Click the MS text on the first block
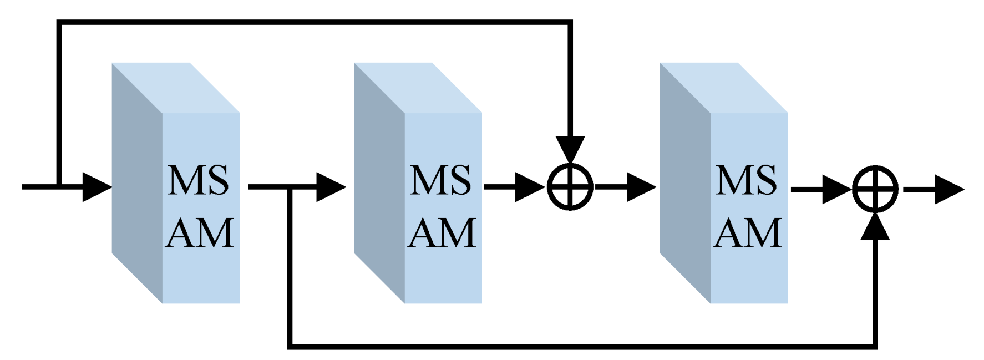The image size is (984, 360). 198,180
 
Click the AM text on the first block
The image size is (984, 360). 200,233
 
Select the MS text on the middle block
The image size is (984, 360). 440,180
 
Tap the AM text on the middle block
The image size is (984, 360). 442,233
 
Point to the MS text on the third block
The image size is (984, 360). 746,180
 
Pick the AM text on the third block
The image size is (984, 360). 748,233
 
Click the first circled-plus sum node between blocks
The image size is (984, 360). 570,187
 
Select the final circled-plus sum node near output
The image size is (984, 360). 875,189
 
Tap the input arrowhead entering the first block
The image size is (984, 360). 97,187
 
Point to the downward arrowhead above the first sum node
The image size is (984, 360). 570,149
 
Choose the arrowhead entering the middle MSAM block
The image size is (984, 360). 331,187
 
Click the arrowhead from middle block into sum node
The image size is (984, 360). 530,187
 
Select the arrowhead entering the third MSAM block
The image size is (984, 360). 641,187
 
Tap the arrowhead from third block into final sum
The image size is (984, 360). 836,189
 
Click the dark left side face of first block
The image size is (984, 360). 136,183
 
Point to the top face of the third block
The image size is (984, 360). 724,88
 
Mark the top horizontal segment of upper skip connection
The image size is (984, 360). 314,22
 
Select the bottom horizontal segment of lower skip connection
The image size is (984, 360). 582,347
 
